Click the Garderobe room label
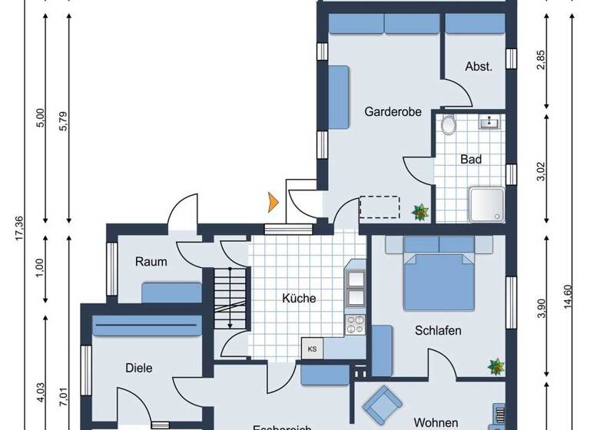pyautogui.click(x=393, y=112)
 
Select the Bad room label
pyautogui.click(x=470, y=160)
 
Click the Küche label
pyautogui.click(x=298, y=299)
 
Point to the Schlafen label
pyautogui.click(x=438, y=331)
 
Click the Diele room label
pyautogui.click(x=138, y=368)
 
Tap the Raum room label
pyautogui.click(x=151, y=262)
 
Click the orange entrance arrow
pyautogui.click(x=271, y=203)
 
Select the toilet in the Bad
pyautogui.click(x=449, y=125)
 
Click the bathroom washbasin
pyautogui.click(x=489, y=121)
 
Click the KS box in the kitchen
pyautogui.click(x=313, y=348)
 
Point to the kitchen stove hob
pyautogui.click(x=356, y=326)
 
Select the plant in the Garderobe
pyautogui.click(x=420, y=210)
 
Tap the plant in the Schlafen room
pyautogui.click(x=494, y=366)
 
